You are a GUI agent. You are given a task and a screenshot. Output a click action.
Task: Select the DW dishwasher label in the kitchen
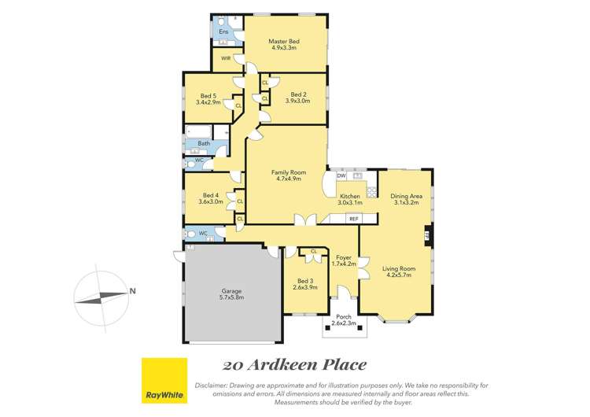point(341,175)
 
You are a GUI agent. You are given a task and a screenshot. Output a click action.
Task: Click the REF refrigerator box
point(353,218)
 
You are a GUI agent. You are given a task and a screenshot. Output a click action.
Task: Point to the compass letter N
point(133,291)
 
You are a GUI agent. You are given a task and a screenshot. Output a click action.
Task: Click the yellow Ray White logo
point(164,381)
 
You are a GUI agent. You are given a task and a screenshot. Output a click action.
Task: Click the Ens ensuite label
point(223,32)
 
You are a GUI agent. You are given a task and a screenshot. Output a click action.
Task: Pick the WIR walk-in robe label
point(225,58)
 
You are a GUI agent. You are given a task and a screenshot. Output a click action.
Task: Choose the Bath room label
point(204,143)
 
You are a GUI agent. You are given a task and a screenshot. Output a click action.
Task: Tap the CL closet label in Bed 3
point(314,251)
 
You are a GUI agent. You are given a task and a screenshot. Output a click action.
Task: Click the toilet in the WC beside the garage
point(189,234)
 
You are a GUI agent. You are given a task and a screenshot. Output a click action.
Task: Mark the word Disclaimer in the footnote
point(210,385)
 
